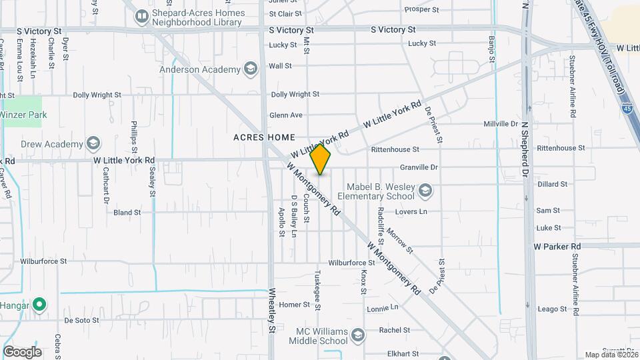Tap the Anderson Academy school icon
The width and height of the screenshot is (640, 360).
point(250,69)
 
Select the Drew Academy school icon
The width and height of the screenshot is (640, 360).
point(93,143)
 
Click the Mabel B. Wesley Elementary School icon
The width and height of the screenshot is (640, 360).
point(425,193)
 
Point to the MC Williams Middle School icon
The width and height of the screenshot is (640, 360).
point(358,335)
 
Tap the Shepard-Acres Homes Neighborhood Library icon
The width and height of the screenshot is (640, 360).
point(141,17)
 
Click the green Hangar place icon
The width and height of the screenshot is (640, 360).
point(39,305)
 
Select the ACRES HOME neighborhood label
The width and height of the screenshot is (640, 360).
point(264,137)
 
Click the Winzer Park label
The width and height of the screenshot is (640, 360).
point(23,115)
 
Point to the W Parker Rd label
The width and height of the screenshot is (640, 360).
point(557,246)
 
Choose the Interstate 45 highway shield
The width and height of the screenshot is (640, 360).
point(627,107)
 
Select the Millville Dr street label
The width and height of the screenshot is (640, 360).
point(501,124)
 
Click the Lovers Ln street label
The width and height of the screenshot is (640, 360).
point(410,212)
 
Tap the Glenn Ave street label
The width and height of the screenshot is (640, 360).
point(287,115)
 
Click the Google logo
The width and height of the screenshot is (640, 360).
point(22,352)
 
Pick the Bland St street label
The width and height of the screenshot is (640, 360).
point(127,213)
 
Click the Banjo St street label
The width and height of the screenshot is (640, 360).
point(492,50)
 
